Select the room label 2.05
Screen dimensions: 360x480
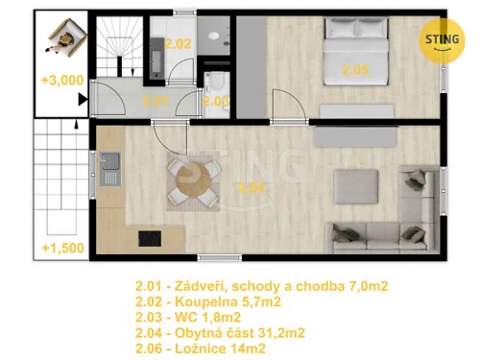[x=355, y=68]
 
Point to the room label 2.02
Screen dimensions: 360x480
[x=178, y=43]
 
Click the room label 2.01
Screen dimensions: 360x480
[x=156, y=100]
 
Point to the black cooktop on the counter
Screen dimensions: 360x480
[x=149, y=238]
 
